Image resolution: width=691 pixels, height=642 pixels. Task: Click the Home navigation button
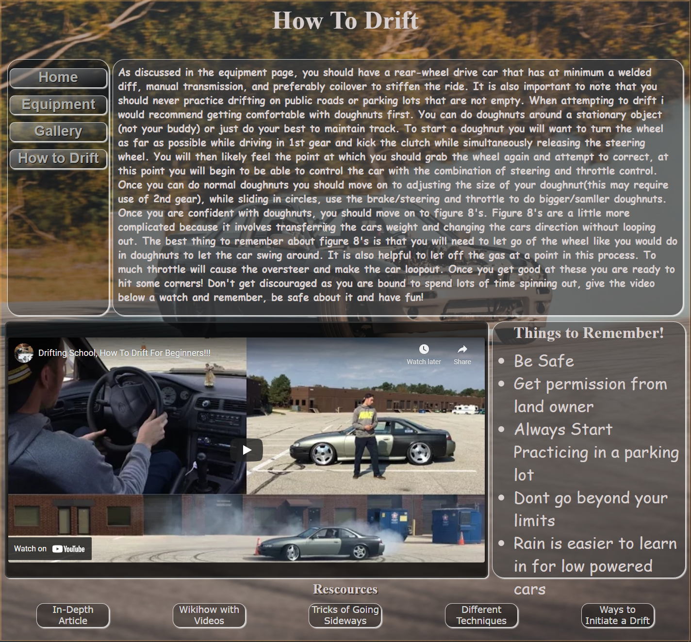point(58,78)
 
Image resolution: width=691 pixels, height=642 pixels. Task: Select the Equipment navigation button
point(58,105)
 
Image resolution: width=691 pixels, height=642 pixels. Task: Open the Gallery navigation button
point(58,131)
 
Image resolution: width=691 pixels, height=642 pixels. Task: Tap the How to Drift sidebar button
point(58,159)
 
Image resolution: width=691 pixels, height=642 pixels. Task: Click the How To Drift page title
point(345,21)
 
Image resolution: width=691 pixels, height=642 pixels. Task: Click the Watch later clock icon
point(424,350)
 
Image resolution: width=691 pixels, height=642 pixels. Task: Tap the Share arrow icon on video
point(462,350)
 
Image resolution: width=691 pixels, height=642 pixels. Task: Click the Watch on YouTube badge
point(49,549)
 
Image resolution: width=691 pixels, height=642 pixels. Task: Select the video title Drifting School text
point(124,353)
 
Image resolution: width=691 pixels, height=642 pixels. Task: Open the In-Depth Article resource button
point(73,615)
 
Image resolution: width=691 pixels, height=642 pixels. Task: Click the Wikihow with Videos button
point(209,615)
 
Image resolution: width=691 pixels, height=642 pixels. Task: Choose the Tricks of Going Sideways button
point(345,615)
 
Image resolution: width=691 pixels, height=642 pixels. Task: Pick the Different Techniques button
point(481,615)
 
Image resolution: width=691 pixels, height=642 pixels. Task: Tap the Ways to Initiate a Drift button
point(617,615)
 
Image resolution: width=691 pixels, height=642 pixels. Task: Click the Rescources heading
point(345,589)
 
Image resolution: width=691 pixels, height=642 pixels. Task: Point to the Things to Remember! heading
point(589,333)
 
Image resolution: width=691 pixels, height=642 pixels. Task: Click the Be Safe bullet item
point(543,361)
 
